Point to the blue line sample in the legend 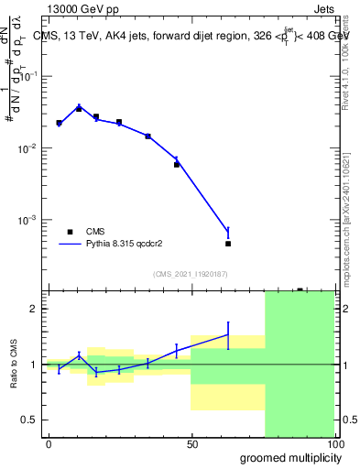[x=71, y=245]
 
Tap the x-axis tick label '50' [x=191, y=443]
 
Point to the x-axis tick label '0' [x=49, y=443]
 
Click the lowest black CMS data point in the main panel [x=228, y=244]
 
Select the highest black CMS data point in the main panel [x=79, y=108]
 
